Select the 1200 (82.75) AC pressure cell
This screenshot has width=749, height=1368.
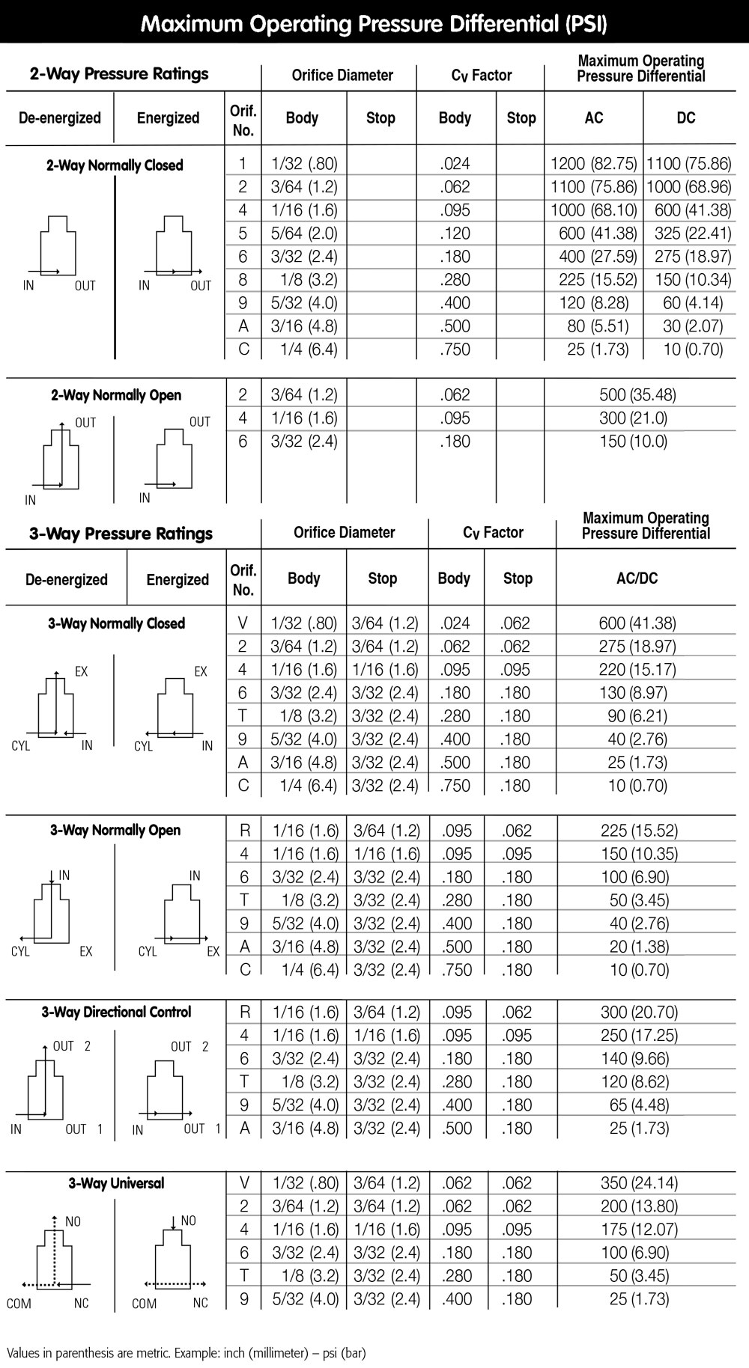pyautogui.click(x=593, y=164)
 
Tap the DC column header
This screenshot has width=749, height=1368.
pyautogui.click(x=685, y=117)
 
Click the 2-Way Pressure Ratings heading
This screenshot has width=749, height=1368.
pyautogui.click(x=119, y=73)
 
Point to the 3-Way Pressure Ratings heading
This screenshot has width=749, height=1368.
pyautogui.click(x=121, y=534)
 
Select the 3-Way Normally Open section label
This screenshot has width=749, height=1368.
pyautogui.click(x=115, y=830)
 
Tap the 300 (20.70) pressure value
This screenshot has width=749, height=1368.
pyautogui.click(x=639, y=1013)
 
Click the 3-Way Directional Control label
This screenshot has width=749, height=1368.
pyautogui.click(x=116, y=1012)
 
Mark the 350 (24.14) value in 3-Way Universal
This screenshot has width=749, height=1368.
pyautogui.click(x=639, y=1183)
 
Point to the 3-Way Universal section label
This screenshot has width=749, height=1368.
pyautogui.click(x=116, y=1183)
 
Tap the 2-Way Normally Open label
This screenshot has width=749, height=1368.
pyautogui.click(x=116, y=395)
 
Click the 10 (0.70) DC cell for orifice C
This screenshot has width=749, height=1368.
pyautogui.click(x=693, y=349)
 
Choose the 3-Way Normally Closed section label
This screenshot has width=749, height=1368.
pyautogui.click(x=116, y=623)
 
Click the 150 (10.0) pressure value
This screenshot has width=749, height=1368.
pyautogui.click(x=633, y=442)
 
